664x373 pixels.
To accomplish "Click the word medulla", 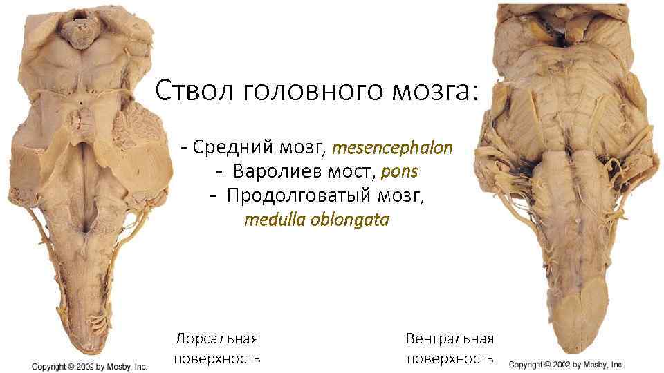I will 270,220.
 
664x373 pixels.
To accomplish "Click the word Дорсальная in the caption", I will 216,338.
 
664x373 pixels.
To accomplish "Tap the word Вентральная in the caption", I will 450,338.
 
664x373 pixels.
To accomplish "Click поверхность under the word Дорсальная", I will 216,358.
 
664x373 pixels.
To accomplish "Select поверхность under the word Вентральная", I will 450,358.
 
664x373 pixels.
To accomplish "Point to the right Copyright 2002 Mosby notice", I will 566,364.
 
